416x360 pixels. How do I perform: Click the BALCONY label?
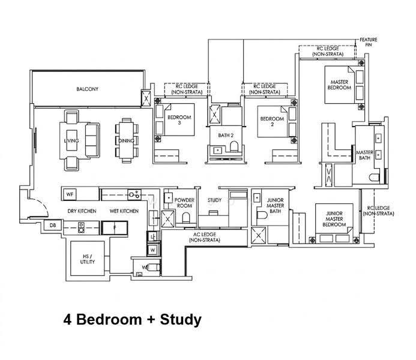pos(87,89)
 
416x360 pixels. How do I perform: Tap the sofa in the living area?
pos(92,140)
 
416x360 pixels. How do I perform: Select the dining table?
pos(127,140)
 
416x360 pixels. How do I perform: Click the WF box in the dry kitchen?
pos(70,194)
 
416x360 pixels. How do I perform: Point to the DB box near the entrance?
pos(53,226)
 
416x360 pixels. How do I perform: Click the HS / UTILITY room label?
pos(87,259)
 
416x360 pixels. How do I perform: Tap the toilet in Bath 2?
pos(234,146)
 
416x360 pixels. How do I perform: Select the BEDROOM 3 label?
pos(179,120)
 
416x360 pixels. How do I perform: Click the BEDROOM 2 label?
pos(272,121)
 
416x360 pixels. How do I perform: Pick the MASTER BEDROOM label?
pos(339,85)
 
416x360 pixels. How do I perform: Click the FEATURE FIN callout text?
pos(368,42)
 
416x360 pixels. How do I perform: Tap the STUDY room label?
pos(214,200)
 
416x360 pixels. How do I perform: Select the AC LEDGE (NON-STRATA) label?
pos(205,237)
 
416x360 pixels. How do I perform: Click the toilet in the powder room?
pos(186,218)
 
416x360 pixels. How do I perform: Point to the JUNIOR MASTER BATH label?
pos(275,205)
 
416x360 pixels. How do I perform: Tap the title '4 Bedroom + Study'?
pos(133,319)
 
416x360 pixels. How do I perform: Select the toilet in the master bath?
pos(375,177)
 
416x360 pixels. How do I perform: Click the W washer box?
pos(153,250)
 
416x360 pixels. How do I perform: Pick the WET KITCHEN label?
pos(124,211)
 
